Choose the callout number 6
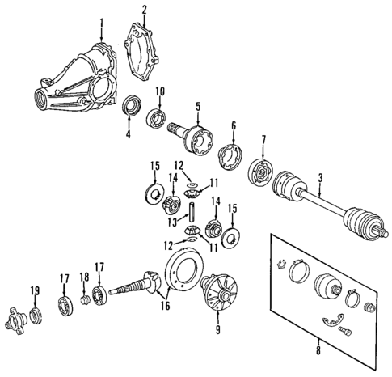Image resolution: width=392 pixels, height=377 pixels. click(233, 125)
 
